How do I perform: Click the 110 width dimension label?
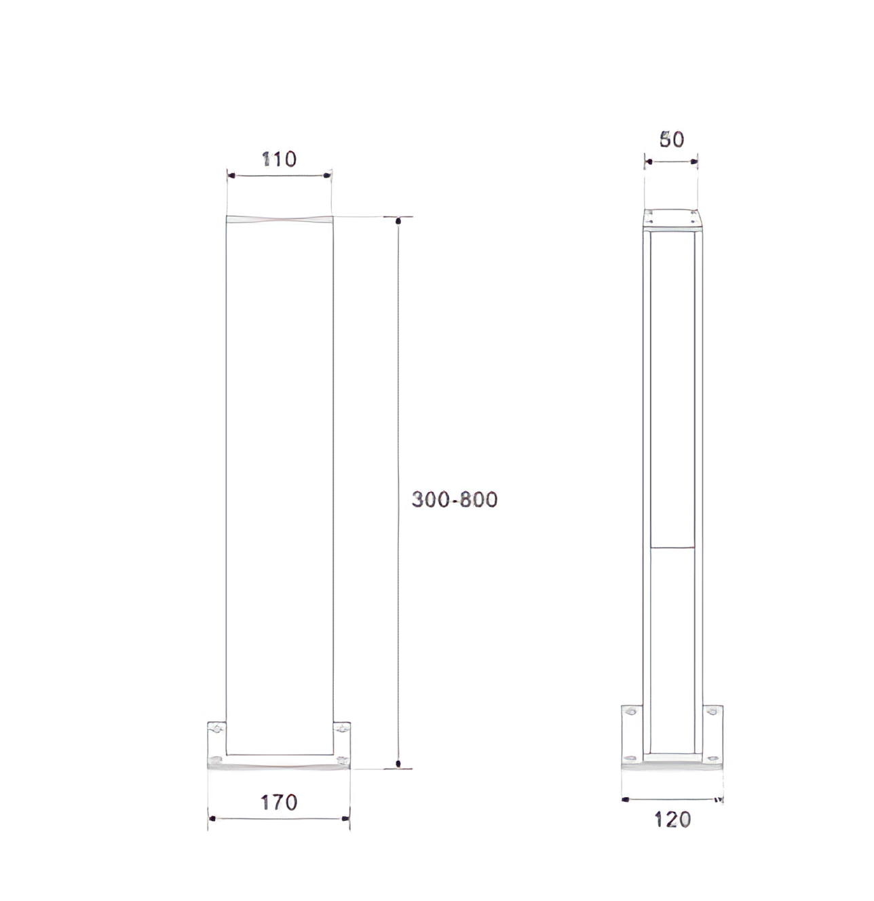[279, 159]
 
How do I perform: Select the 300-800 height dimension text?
[455, 499]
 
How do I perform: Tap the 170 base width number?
[279, 802]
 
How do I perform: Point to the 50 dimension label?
[672, 139]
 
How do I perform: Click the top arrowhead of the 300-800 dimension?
[398, 221]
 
